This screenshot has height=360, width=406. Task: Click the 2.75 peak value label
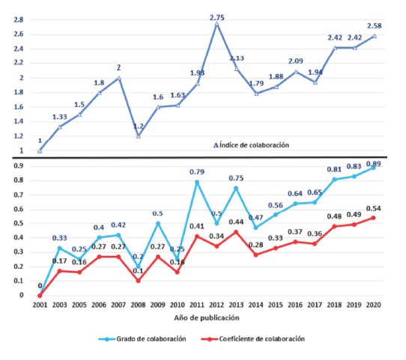pos(216,16)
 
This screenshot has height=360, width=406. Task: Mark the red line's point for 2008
pos(138,281)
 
